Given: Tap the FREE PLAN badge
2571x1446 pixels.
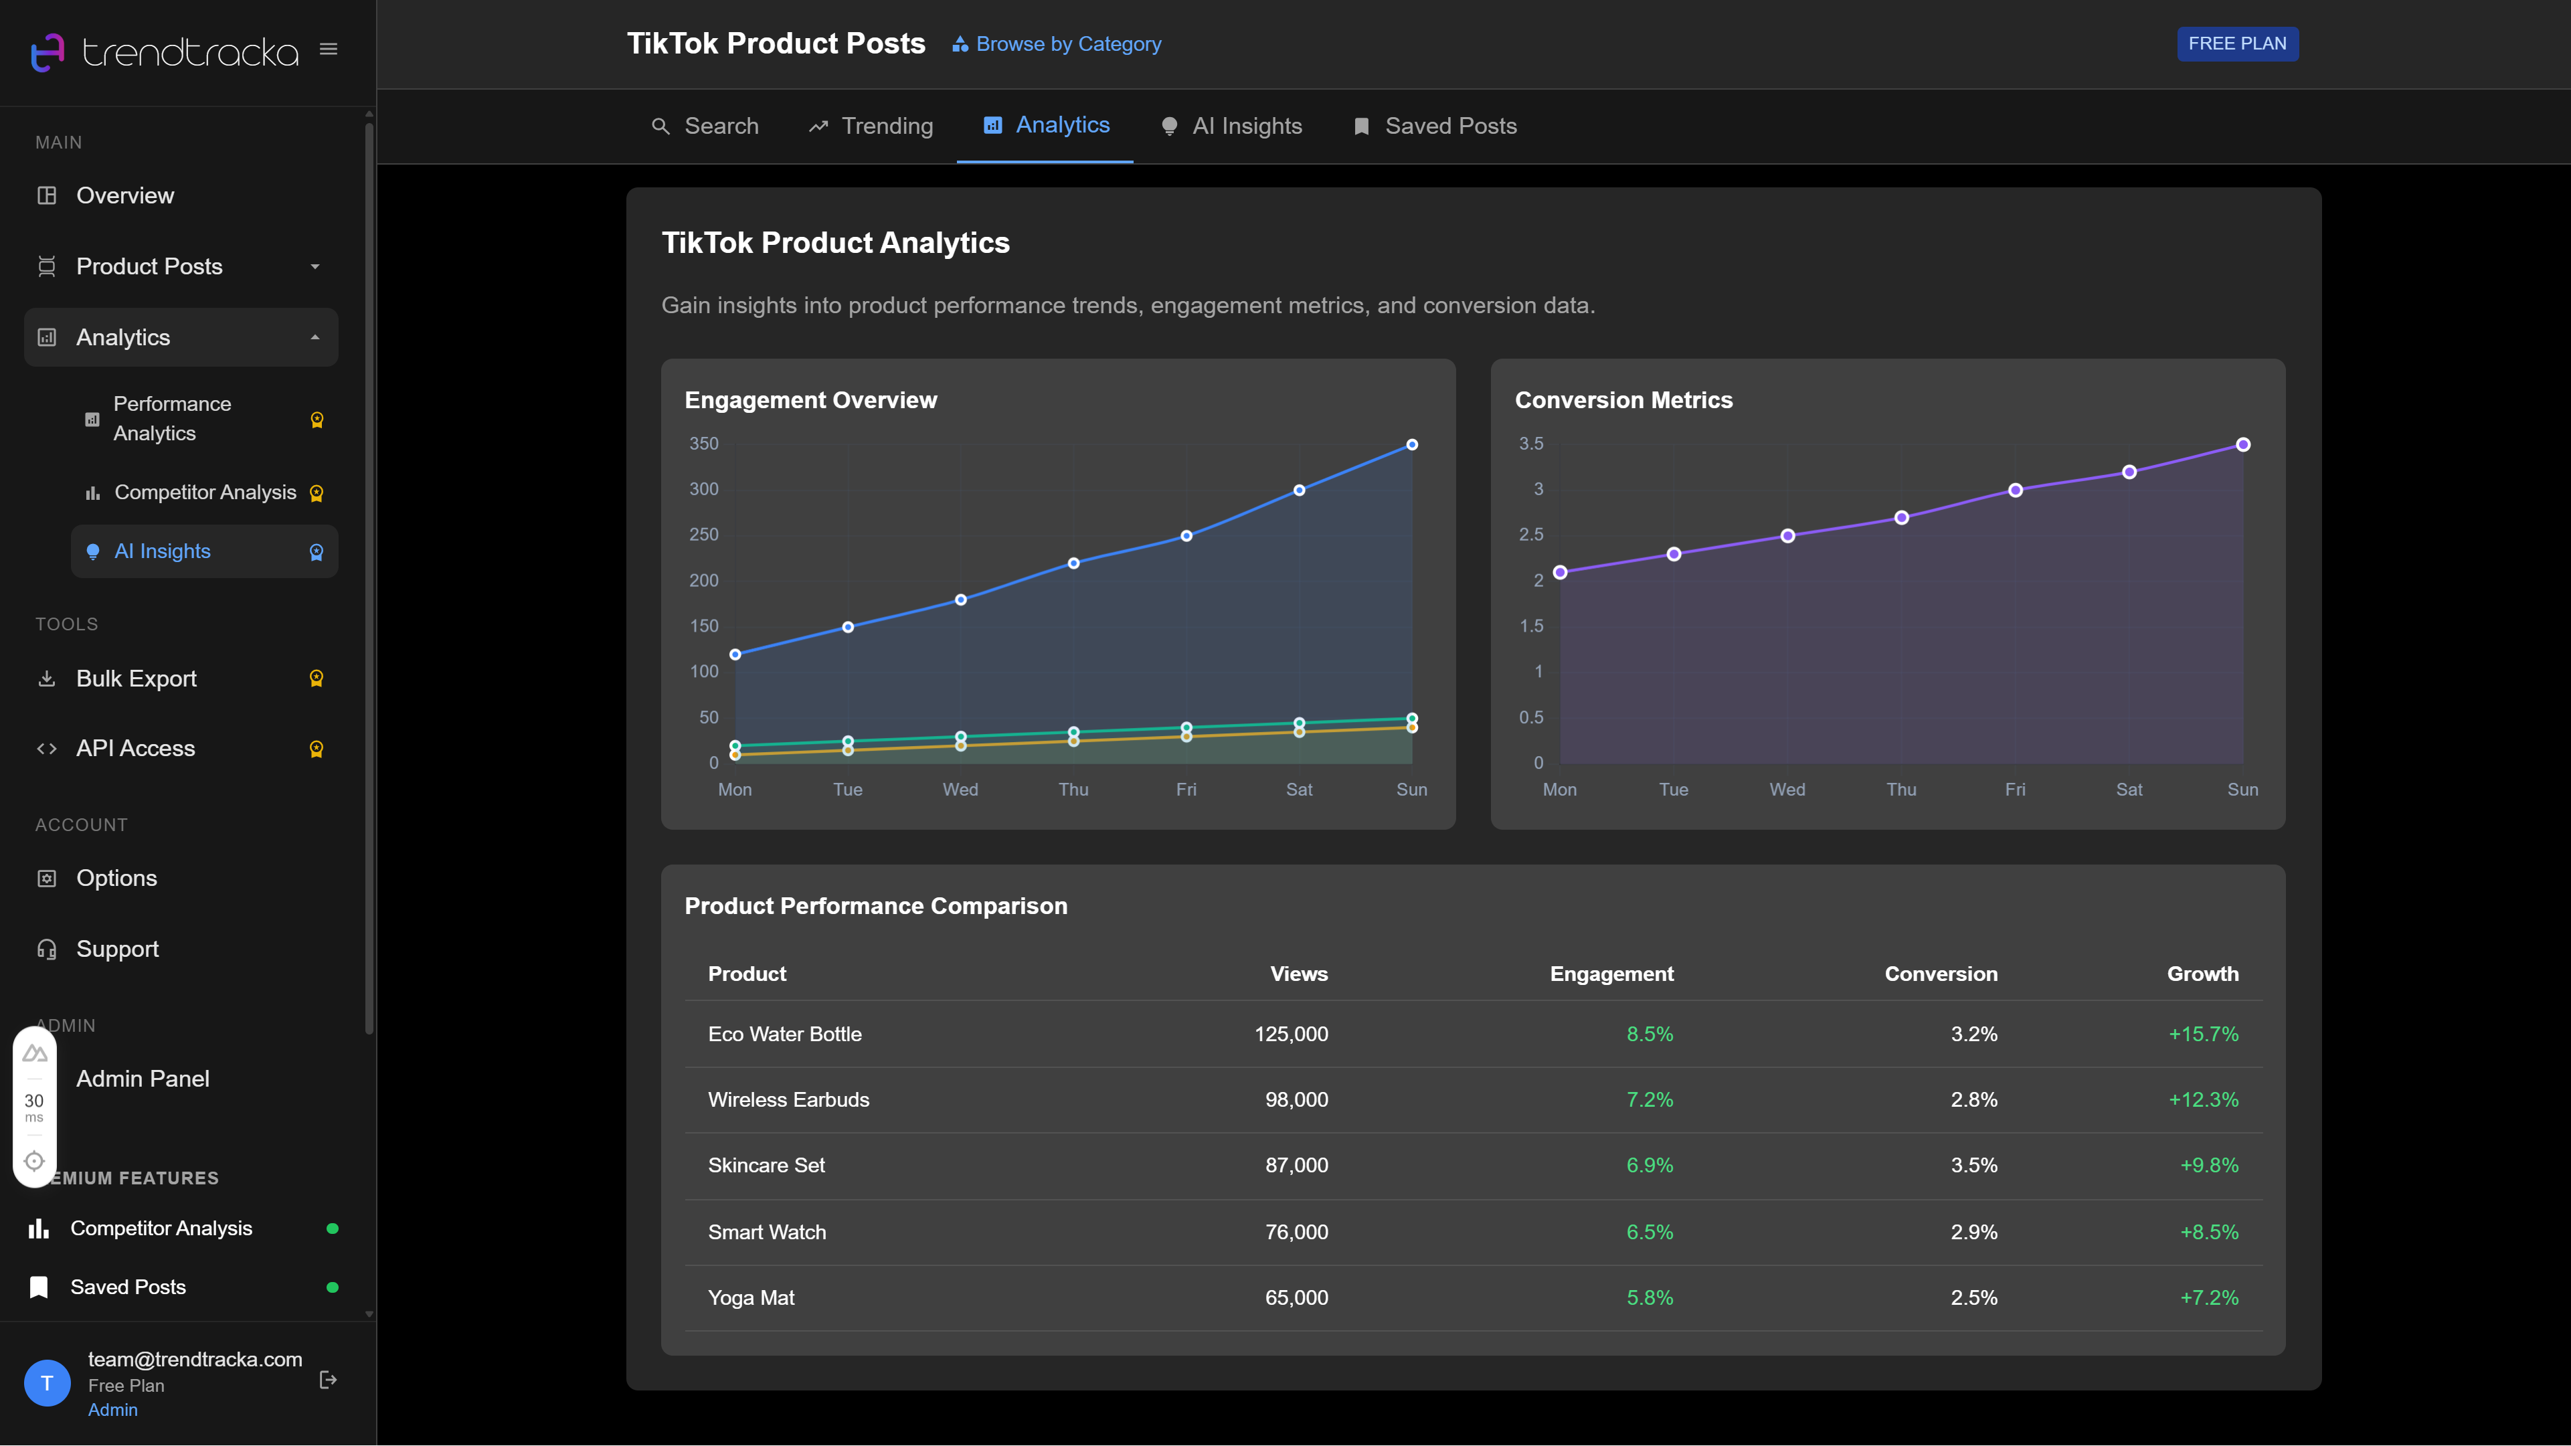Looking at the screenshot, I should (x=2236, y=44).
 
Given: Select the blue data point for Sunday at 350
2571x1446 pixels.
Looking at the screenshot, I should (x=1411, y=445).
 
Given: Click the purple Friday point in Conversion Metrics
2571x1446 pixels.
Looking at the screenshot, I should (x=2015, y=490).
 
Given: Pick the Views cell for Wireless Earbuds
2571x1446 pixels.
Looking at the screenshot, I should (x=1296, y=1099).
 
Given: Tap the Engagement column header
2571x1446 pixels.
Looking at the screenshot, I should (x=1611, y=974).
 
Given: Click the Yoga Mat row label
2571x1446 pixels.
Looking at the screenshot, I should (x=751, y=1298).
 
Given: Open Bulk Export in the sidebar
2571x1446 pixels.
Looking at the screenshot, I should (x=137, y=679).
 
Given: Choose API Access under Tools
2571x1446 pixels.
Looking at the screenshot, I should (x=136, y=749).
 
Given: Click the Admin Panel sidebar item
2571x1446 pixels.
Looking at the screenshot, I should (x=143, y=1079).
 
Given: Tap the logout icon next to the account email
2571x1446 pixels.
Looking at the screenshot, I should (x=327, y=1380).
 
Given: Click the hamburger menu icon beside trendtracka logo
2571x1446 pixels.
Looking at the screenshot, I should (x=329, y=49).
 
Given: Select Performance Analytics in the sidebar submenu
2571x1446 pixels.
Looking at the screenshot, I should (x=172, y=419).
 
